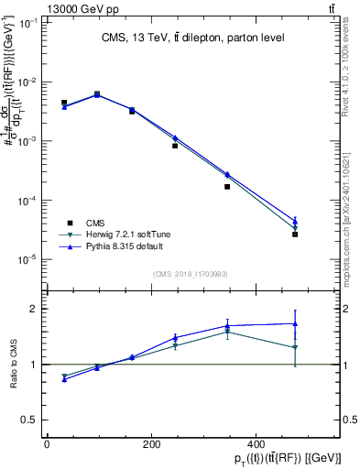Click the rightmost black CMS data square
click(295, 234)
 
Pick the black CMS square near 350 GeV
click(227, 187)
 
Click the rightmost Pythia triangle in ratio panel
click(295, 323)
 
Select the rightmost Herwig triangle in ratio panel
click(295, 347)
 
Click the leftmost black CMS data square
click(64, 103)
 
